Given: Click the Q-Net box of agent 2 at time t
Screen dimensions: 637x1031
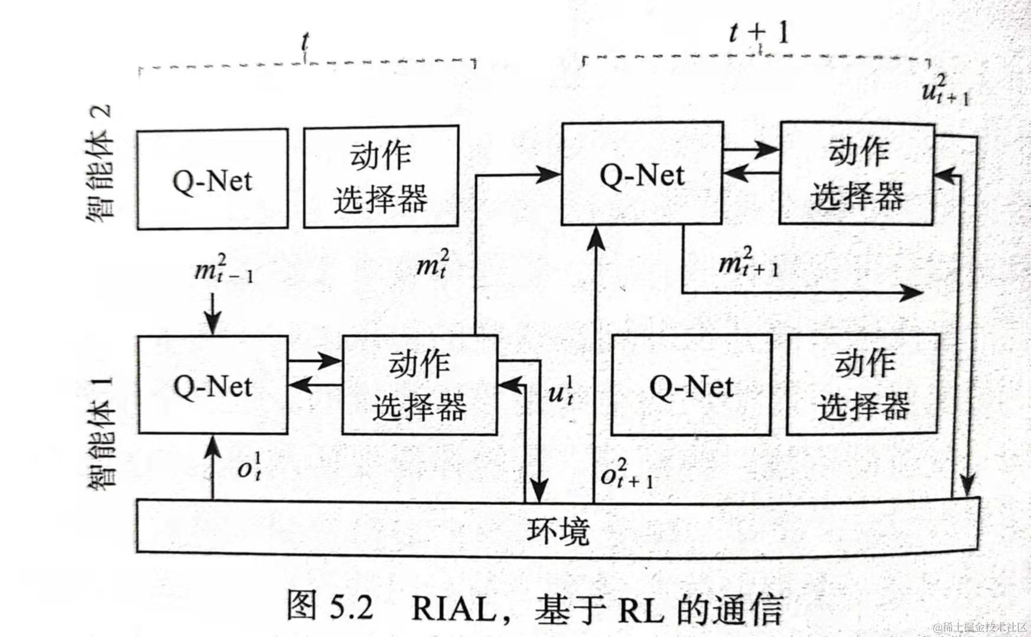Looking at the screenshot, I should pos(212,179).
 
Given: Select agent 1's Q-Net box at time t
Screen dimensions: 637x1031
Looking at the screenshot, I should pos(212,386).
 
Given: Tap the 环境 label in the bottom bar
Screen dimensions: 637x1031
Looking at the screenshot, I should pos(557,530).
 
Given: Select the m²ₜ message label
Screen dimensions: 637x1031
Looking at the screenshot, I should pos(432,263).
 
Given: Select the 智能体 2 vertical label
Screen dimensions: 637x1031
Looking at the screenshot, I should pos(99,163).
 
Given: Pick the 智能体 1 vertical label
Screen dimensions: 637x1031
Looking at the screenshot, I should pos(99,430).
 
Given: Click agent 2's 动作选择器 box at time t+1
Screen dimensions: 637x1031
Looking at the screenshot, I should pos(857,173).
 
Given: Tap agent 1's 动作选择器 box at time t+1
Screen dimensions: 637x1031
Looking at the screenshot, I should pos(863,384).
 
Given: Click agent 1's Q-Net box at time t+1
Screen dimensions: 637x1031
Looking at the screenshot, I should pos(691,386).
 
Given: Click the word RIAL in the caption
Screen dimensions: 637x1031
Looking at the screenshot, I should pos(454,608).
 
